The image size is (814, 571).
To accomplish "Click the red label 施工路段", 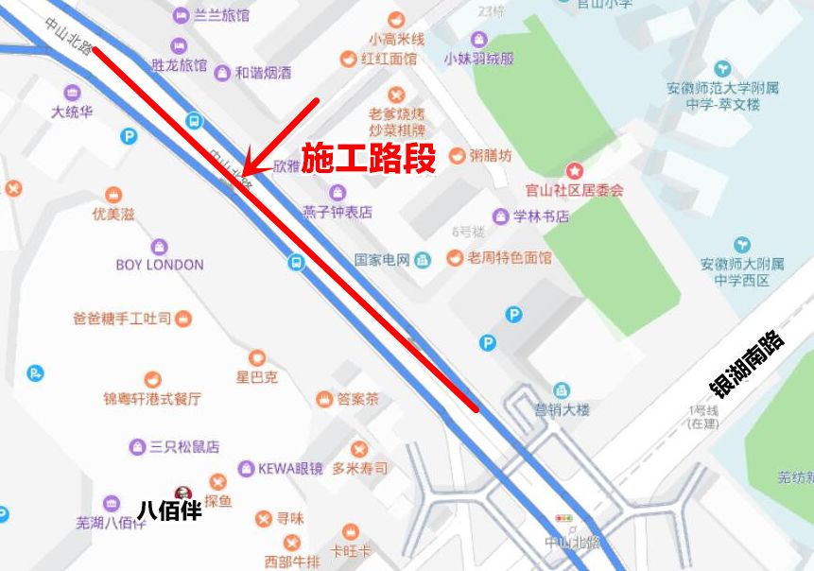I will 368,159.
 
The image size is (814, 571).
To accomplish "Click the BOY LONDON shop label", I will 160,265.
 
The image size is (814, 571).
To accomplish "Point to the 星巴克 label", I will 257,376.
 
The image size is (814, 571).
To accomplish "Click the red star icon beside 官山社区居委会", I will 574,170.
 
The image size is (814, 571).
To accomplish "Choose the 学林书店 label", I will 541,216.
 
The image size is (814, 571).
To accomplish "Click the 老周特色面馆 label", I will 510,257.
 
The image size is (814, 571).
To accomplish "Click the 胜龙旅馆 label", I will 179,65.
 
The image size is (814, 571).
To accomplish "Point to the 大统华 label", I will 72,112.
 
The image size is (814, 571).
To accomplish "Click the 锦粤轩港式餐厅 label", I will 152,399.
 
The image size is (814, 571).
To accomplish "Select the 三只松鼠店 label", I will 183,446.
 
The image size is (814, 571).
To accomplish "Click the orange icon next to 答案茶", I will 324,399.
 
